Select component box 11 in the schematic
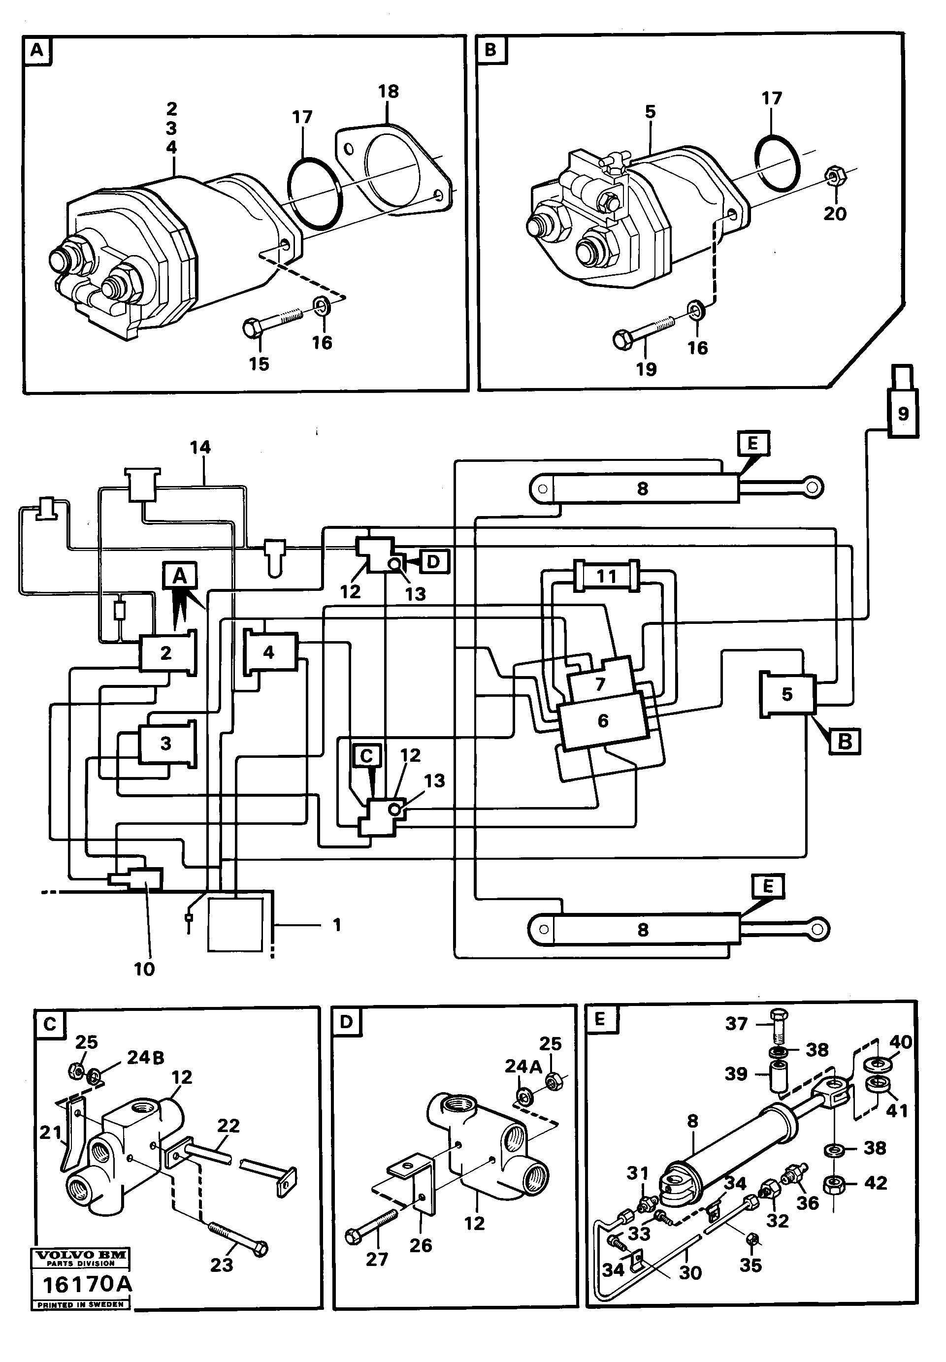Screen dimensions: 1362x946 (606, 576)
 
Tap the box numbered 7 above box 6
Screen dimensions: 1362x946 (600, 683)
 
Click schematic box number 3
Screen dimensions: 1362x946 (166, 743)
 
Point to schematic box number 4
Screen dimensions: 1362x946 (269, 652)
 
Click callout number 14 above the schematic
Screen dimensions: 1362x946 (200, 447)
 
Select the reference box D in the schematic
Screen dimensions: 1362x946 (434, 561)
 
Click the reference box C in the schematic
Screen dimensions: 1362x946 (366, 756)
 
